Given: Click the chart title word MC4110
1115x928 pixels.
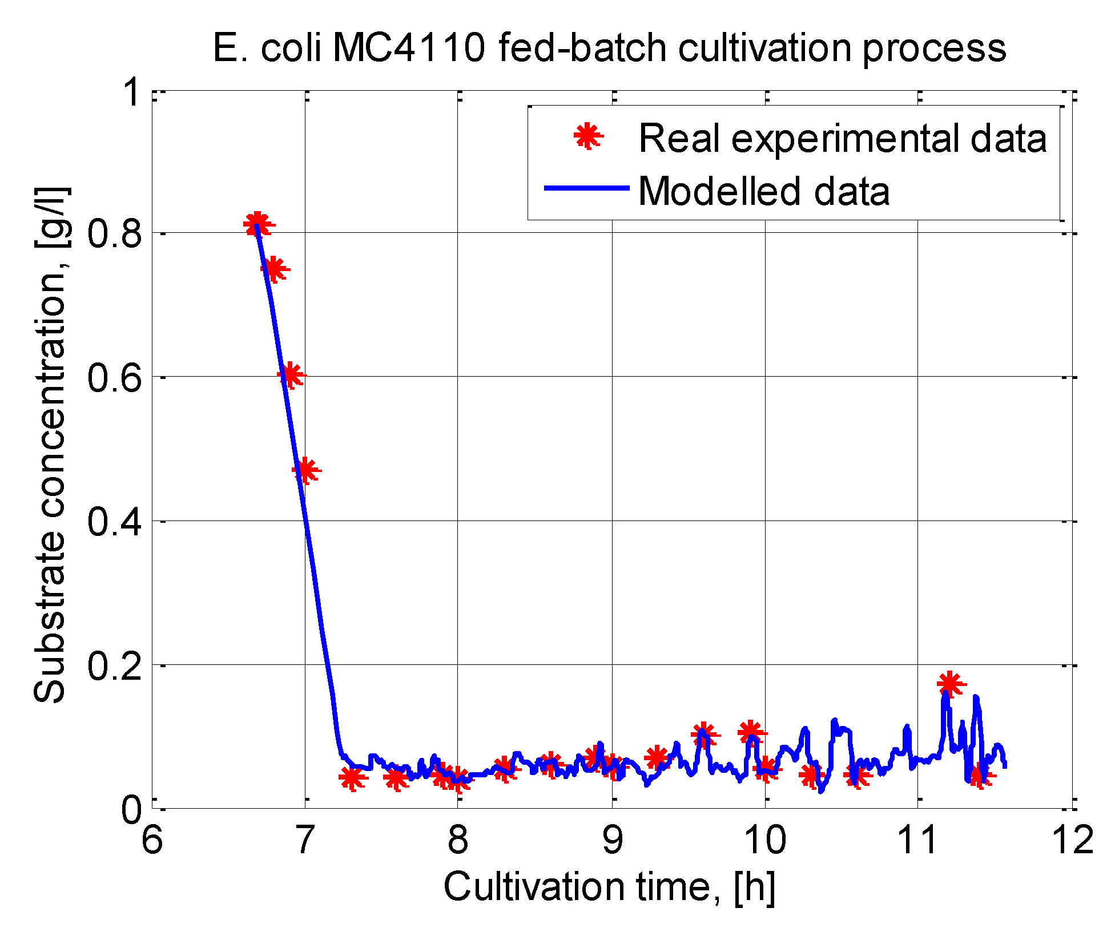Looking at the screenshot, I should (x=408, y=48).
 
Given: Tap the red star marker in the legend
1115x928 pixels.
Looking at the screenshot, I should (x=587, y=136).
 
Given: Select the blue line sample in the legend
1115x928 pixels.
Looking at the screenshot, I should (x=586, y=188).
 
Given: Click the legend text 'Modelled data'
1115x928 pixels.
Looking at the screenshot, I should (x=764, y=191).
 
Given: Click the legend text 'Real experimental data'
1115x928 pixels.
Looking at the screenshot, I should (x=843, y=138).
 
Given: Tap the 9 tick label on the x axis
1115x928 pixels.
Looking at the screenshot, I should (x=612, y=841).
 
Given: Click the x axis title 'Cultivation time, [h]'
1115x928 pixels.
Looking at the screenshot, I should (x=609, y=887).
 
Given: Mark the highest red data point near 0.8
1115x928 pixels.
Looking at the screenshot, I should (x=257, y=224).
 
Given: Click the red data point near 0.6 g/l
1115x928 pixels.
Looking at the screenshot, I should (x=290, y=375).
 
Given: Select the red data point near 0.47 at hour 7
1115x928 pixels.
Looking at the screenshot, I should (x=305, y=470).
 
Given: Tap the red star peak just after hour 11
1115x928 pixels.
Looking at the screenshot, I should (x=949, y=683).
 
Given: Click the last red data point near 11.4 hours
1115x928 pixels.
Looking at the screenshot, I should (x=980, y=776).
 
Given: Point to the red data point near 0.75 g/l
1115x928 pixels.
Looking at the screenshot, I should (x=274, y=269).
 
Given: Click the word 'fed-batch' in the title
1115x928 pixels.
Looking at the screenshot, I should (x=582, y=48).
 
